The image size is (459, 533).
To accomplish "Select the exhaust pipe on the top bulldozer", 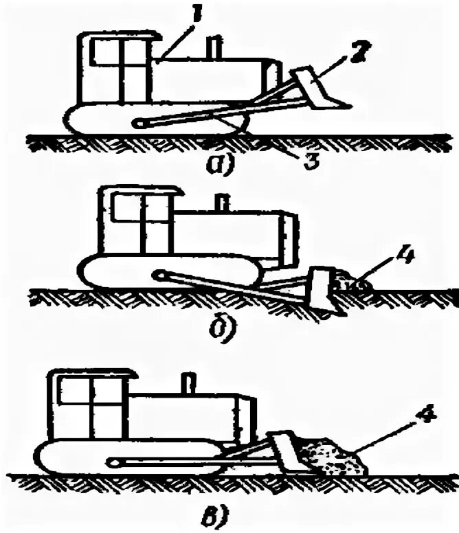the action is pos(214,47).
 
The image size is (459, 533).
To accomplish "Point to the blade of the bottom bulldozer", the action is pos(284,451).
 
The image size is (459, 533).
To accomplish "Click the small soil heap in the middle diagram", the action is pos(347,282).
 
